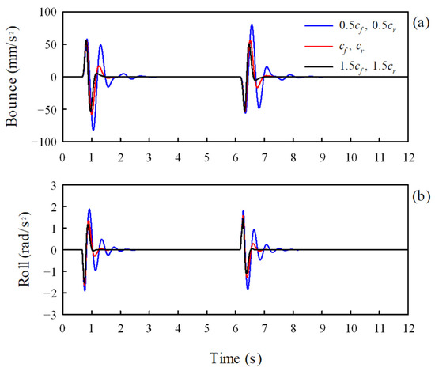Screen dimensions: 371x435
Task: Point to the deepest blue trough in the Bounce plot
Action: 93,130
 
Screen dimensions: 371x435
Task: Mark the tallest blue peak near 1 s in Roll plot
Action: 89,210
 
